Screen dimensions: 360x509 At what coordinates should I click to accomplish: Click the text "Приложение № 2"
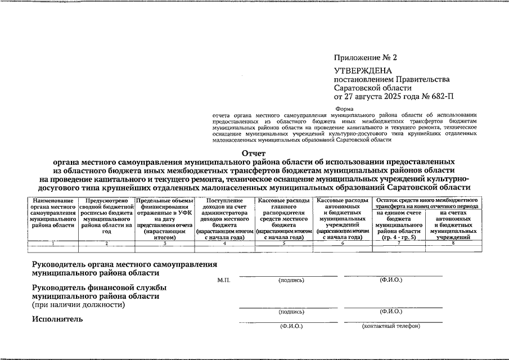tap(365, 58)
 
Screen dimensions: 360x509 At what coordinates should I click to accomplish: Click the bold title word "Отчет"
tap(254, 153)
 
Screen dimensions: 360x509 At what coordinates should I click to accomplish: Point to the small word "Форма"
tap(344, 109)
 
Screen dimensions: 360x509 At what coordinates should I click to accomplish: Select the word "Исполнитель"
tap(58, 319)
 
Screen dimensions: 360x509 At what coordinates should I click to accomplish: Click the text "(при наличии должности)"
tap(78, 305)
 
